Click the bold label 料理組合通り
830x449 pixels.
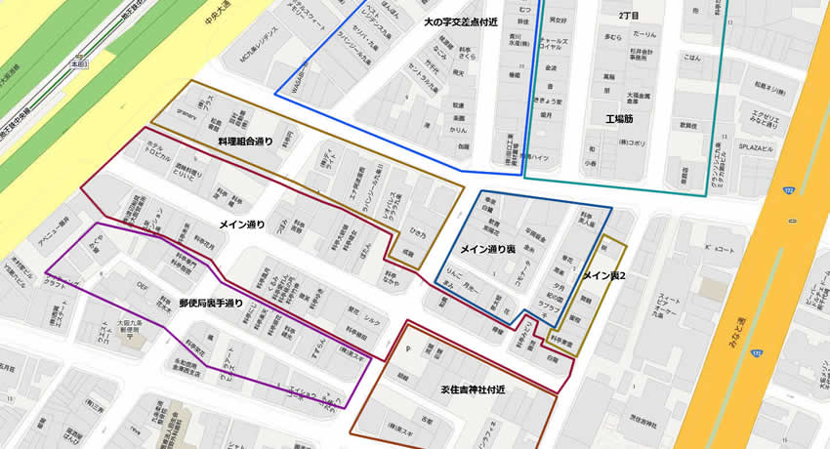(x=246, y=143)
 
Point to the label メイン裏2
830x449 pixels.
(x=603, y=277)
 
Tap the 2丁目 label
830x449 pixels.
(x=630, y=18)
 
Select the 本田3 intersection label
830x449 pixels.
(x=86, y=63)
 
